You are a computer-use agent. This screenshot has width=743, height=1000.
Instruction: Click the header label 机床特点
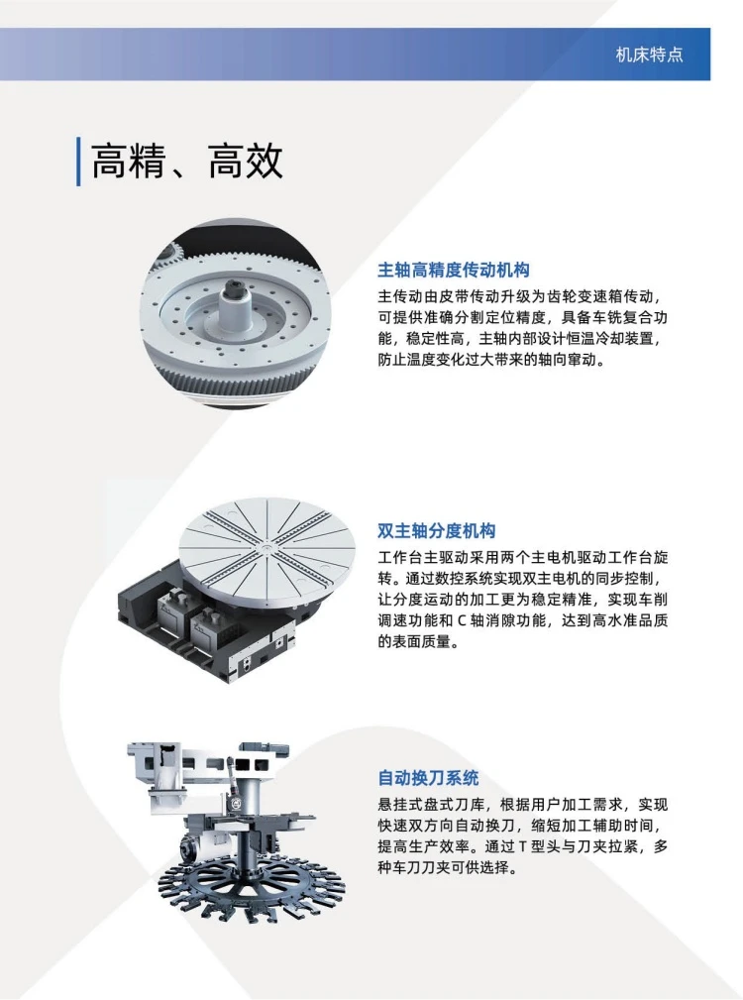(x=649, y=55)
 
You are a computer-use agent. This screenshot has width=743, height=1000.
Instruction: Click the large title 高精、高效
(x=186, y=161)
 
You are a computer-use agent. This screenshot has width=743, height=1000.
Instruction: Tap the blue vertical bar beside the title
(x=78, y=162)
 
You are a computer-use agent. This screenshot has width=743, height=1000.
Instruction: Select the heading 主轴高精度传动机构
(x=454, y=271)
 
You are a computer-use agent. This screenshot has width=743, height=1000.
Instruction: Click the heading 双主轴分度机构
(x=437, y=530)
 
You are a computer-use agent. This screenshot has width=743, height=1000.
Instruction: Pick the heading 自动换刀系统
(x=428, y=778)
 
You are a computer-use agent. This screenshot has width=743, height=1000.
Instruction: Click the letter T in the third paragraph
(x=522, y=847)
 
